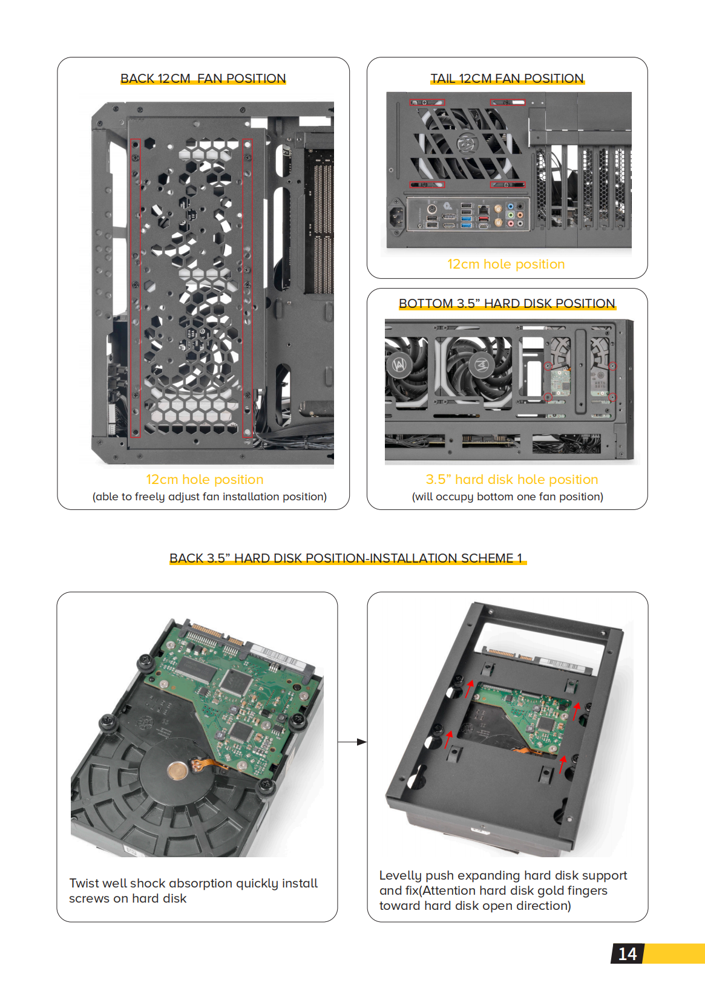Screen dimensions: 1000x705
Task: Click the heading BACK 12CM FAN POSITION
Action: tap(203, 79)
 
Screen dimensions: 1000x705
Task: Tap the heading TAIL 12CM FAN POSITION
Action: tap(507, 79)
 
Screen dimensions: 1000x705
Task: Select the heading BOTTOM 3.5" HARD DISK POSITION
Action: tap(507, 304)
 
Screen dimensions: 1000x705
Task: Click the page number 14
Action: tap(627, 954)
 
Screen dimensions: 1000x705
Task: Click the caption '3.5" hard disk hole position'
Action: tap(511, 480)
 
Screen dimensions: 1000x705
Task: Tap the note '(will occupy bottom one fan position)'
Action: tap(507, 497)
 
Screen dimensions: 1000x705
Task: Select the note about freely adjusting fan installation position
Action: tap(209, 497)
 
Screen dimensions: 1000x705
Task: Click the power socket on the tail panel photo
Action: tap(397, 217)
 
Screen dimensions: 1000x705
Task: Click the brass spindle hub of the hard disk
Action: tap(177, 771)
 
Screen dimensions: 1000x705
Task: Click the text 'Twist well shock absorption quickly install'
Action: tap(193, 883)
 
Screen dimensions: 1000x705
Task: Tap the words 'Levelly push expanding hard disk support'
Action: tap(503, 875)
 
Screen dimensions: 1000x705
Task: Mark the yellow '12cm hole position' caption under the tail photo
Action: tap(506, 264)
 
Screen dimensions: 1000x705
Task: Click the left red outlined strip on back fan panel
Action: tap(136, 287)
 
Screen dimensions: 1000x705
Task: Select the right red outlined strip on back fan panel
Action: tap(247, 287)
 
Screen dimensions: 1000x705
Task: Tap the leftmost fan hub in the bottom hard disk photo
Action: tap(399, 365)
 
